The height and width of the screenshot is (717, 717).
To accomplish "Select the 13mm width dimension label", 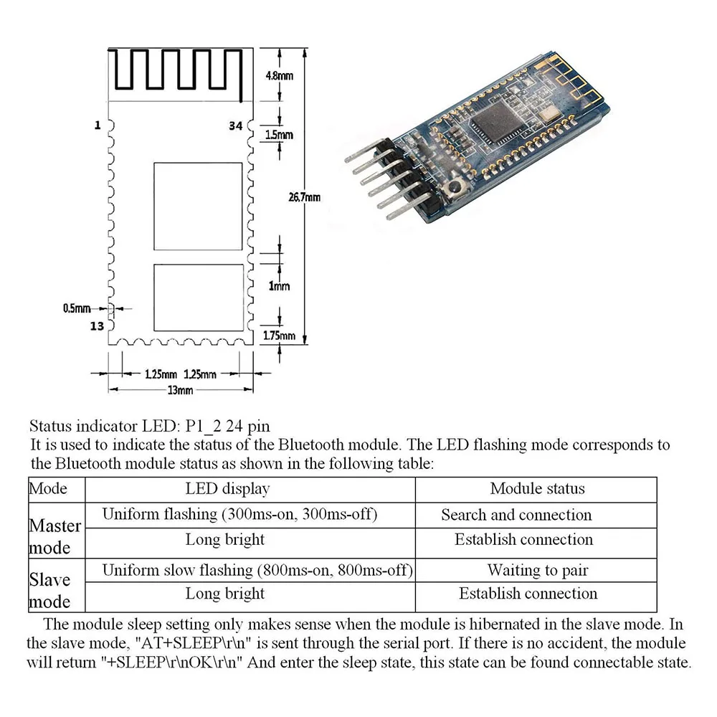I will pos(180,390).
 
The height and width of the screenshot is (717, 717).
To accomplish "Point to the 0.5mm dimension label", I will pos(77,308).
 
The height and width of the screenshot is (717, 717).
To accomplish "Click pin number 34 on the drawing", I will pos(235,125).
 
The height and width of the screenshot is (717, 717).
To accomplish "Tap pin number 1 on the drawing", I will pos(97,125).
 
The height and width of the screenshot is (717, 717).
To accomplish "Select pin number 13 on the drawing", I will pos(97,326).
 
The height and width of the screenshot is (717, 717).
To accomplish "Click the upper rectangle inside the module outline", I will pos(199,206).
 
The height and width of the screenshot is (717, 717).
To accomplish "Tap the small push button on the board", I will pos(454,190).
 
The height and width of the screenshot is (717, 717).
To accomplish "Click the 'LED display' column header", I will pos(227,489).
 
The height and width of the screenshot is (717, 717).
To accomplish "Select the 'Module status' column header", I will pos(537,489).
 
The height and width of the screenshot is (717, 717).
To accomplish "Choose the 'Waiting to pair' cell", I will pos(537,571).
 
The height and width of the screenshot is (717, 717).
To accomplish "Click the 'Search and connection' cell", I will pos(516,515).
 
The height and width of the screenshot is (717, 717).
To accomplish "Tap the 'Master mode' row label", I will pos(56,537).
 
